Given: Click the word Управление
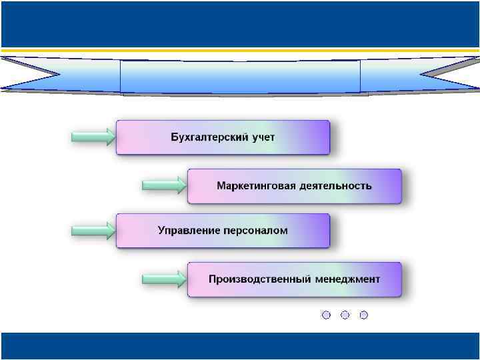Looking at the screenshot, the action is pyautogui.click(x=189, y=231).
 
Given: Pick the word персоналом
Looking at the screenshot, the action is pyautogui.click(x=255, y=231).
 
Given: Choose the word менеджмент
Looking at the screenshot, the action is pyautogui.click(x=347, y=279).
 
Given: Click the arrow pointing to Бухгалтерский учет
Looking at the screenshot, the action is pyautogui.click(x=93, y=137).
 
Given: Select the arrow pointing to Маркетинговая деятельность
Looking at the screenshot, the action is pyautogui.click(x=164, y=185).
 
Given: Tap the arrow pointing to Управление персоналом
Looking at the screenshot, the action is pyautogui.click(x=93, y=231).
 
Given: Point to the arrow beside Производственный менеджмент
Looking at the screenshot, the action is pyautogui.click(x=164, y=279).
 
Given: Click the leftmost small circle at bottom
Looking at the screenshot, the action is pyautogui.click(x=326, y=315).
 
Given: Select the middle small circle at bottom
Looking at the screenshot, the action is pyautogui.click(x=345, y=315).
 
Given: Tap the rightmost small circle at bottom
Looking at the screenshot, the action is pyautogui.click(x=363, y=315).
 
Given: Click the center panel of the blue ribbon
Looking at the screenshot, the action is pyautogui.click(x=240, y=77).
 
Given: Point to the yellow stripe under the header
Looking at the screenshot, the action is pyautogui.click(x=240, y=49).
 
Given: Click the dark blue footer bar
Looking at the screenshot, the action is pyautogui.click(x=240, y=346).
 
